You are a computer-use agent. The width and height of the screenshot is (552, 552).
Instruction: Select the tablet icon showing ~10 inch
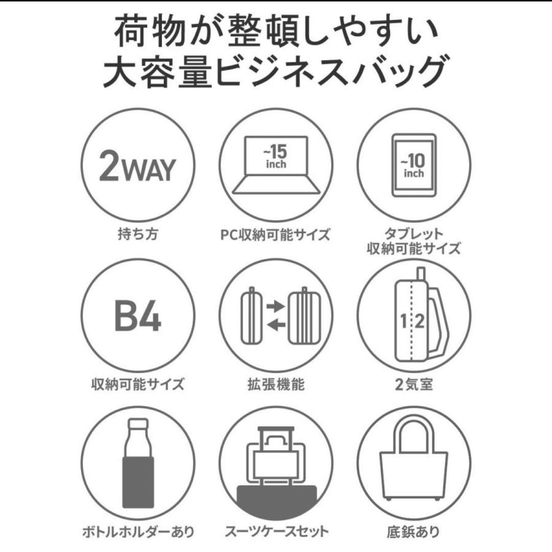click(413, 165)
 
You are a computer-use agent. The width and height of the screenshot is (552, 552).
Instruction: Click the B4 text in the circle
click(137, 317)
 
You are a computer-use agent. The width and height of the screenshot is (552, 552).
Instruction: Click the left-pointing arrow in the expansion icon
click(275, 325)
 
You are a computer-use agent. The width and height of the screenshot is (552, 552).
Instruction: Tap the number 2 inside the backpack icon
click(420, 321)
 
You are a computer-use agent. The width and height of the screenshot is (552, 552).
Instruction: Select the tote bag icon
click(413, 463)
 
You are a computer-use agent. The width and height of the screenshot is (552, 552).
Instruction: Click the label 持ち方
click(137, 236)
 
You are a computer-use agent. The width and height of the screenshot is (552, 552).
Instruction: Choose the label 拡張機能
click(276, 384)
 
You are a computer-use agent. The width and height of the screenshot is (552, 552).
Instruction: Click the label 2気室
click(413, 384)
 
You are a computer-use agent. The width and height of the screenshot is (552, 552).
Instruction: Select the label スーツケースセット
click(277, 532)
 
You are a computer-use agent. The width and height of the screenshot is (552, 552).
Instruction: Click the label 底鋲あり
click(413, 532)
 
